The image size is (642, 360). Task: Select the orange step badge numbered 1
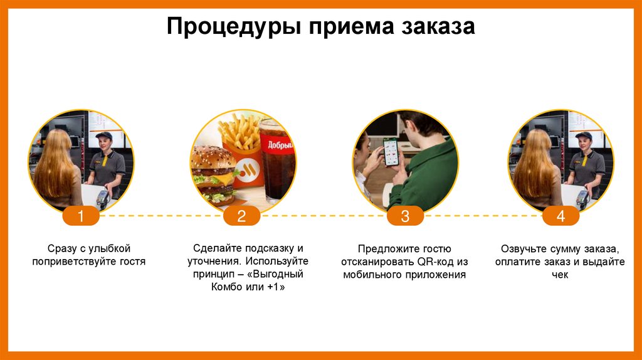coord(81,217)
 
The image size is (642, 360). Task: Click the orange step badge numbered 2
coord(241,217)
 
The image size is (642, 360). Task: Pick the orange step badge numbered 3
coord(405,217)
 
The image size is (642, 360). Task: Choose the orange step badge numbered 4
coord(560,217)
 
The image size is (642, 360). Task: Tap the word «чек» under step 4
coord(560,275)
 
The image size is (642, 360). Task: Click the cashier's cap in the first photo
coord(103,135)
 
